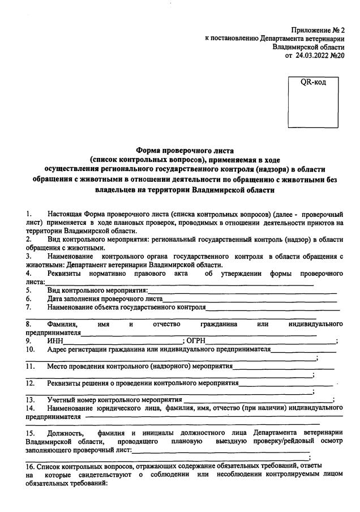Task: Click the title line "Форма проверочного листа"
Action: pyautogui.click(x=180, y=150)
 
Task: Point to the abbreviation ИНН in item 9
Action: pyautogui.click(x=56, y=340)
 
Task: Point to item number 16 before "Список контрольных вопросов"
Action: pyautogui.click(x=31, y=466)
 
